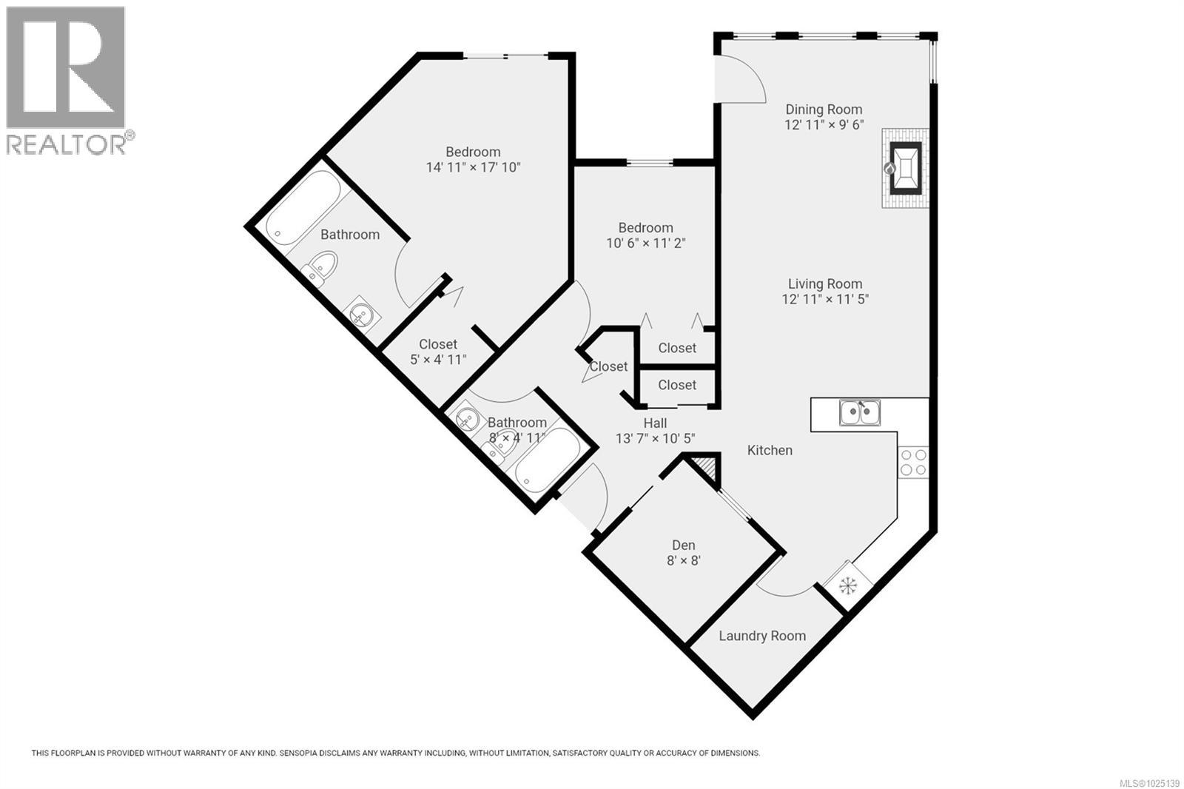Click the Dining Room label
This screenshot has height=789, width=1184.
coord(824,110)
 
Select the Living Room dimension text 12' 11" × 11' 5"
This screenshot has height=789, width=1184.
coord(824,299)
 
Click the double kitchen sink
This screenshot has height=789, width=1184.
coord(860,412)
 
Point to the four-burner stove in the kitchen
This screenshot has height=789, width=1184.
coord(912,463)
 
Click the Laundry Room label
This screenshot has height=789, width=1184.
coord(761,636)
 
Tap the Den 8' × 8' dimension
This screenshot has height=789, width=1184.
coord(683,561)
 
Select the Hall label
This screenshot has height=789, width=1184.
coord(655,423)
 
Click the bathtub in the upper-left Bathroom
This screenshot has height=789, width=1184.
coord(304,205)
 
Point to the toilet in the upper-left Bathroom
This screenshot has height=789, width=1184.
coord(320,267)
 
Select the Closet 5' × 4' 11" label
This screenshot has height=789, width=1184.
coord(438,344)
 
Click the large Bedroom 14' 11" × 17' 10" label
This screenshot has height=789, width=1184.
coord(473,152)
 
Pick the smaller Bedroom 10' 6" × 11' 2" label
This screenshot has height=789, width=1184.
coord(645,228)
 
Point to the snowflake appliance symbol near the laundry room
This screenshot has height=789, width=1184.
coord(848,585)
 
